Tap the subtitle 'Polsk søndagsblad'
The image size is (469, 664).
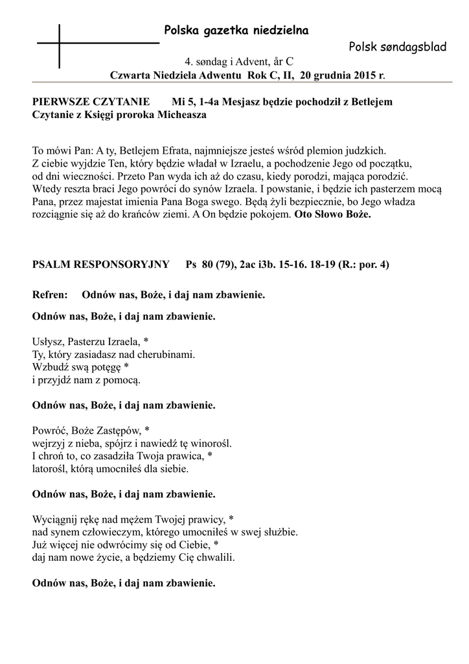(x=397, y=47)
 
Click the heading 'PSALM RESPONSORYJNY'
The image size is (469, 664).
(x=100, y=265)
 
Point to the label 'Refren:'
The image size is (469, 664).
(x=50, y=295)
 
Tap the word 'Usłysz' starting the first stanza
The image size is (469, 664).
(x=47, y=342)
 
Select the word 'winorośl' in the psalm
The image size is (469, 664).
(x=211, y=444)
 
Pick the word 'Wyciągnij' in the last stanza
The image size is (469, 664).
(x=54, y=519)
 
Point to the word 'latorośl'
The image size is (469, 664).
(x=49, y=468)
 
